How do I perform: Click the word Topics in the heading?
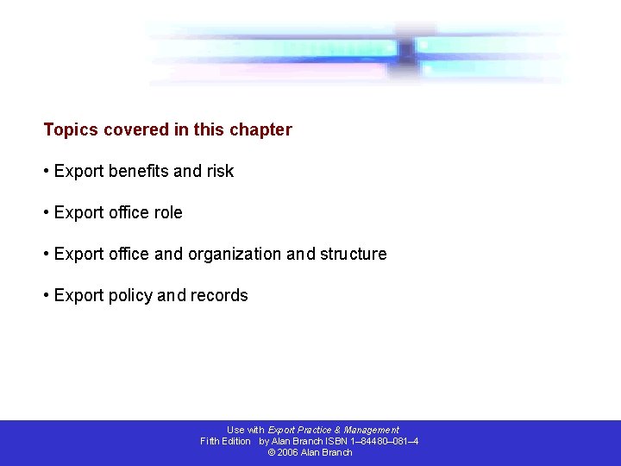point(71,130)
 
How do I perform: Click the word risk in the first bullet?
point(220,172)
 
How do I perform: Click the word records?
point(219,296)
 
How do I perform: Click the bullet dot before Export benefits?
point(47,172)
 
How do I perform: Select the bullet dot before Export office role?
point(47,213)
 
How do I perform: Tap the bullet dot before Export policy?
point(47,296)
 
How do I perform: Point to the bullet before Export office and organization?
point(47,255)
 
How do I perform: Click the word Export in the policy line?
point(78,296)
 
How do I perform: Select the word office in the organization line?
point(128,255)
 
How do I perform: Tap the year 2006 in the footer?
point(288,452)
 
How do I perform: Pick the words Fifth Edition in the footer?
point(225,441)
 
